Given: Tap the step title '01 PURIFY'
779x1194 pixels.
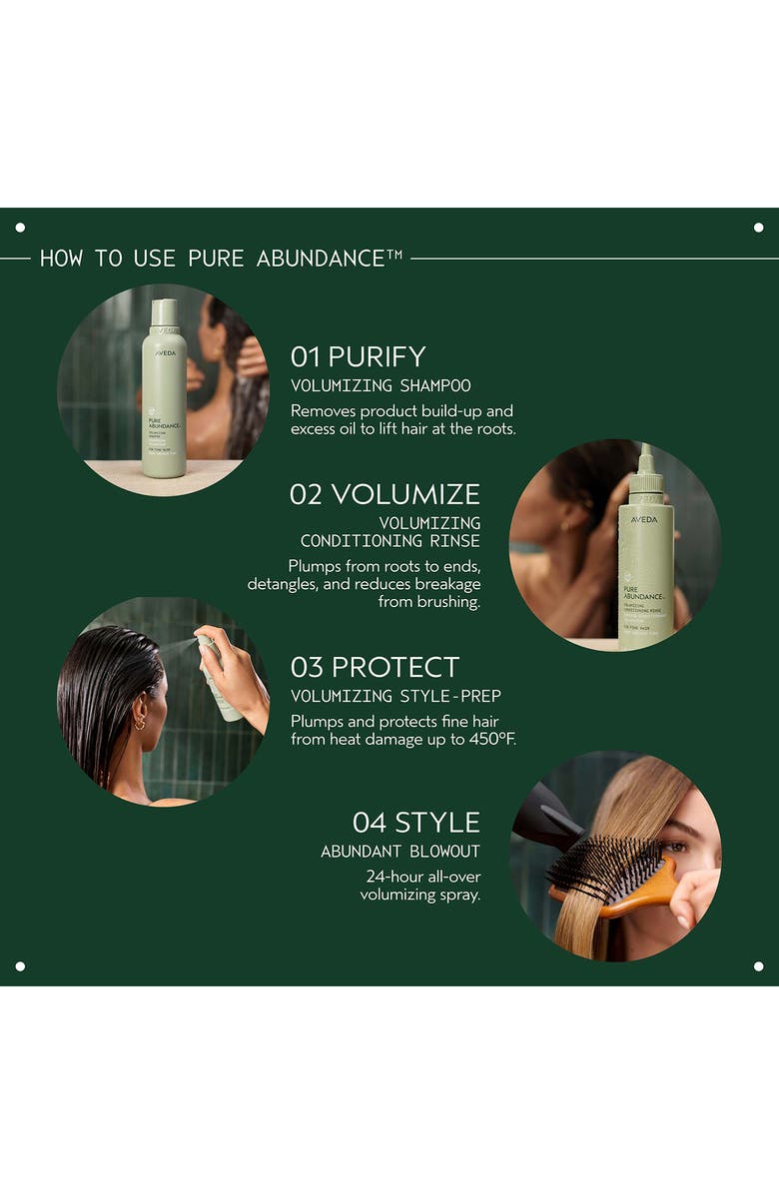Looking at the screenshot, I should [358, 356].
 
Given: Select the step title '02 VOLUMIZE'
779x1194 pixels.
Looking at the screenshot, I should [385, 494].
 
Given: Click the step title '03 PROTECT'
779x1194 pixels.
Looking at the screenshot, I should [375, 667].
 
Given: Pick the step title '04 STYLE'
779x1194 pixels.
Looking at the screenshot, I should [415, 823].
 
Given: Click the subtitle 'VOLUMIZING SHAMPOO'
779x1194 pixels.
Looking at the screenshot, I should [381, 385].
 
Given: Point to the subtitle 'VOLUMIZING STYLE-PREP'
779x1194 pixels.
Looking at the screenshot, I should [395, 696].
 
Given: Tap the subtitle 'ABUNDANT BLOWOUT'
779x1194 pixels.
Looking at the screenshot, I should [399, 852].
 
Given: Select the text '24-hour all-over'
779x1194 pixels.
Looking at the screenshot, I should [422, 877].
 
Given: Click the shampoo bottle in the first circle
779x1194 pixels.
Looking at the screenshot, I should [164, 394].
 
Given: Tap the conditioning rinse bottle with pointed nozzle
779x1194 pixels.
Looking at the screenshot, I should [645, 559].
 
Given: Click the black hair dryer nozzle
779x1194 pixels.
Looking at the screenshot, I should [546, 819].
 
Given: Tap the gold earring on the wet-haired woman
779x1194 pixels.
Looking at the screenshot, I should [139, 721].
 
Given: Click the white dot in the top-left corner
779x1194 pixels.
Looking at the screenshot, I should [20, 228].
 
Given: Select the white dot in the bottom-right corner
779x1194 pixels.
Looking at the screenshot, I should [758, 966].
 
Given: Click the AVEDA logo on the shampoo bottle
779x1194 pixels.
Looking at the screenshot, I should [165, 352].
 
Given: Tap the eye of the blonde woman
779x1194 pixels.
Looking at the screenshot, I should [677, 847].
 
